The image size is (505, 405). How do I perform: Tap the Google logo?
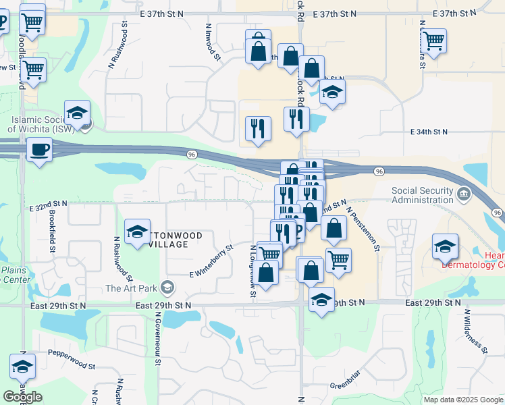point(22,397)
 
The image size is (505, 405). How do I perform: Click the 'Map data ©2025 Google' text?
point(463,400)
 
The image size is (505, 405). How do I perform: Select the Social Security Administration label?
point(423,195)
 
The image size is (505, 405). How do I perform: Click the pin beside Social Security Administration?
point(463,195)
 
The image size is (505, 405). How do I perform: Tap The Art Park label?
point(131,289)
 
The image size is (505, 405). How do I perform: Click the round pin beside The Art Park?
point(167,289)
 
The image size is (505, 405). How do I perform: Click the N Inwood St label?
point(213,42)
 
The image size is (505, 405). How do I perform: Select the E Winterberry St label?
point(211,261)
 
